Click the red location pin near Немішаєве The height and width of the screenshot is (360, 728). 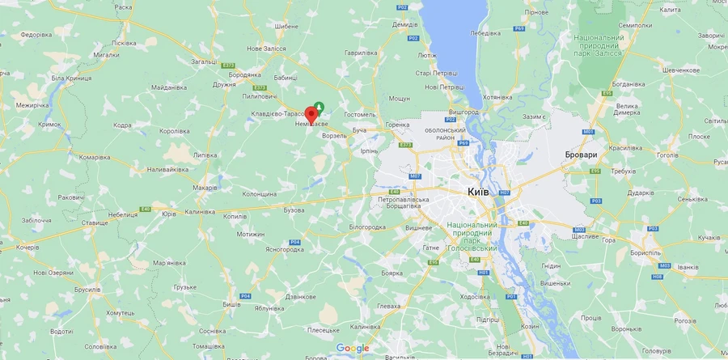click(311, 114)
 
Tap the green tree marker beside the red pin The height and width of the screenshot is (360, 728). click(320, 106)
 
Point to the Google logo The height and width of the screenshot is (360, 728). click(353, 348)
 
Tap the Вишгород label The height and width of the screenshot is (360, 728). click(463, 112)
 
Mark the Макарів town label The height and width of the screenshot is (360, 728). click(205, 188)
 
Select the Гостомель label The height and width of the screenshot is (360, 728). click(360, 115)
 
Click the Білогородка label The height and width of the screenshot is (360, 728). click(366, 227)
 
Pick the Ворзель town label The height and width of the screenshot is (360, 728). click(334, 135)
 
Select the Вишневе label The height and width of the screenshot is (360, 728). click(418, 228)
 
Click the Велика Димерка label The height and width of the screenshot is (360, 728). click(628, 109)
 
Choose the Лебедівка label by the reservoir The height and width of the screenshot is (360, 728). click(485, 33)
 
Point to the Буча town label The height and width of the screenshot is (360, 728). click(360, 129)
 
